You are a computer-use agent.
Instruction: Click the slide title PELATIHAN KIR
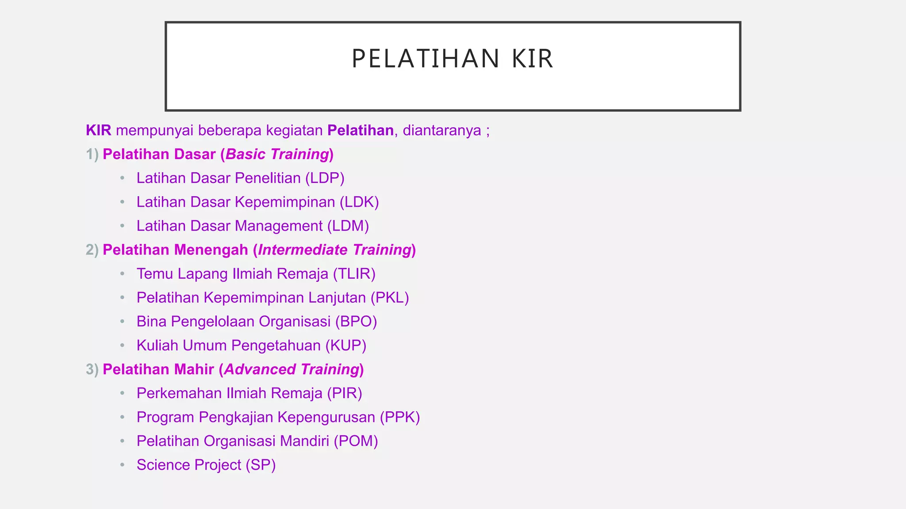[x=452, y=59]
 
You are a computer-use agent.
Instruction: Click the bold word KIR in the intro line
[x=98, y=131]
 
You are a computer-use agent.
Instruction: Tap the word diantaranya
[x=441, y=131]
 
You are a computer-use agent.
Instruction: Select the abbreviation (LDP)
[x=325, y=178]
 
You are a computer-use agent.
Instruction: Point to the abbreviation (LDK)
[x=359, y=202]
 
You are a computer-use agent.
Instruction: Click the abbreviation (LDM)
[x=348, y=226]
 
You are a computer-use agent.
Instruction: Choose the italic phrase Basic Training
[x=277, y=154]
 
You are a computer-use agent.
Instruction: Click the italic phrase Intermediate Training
[x=335, y=250]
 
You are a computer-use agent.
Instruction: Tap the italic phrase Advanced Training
[x=292, y=369]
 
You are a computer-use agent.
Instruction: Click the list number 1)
[x=92, y=154]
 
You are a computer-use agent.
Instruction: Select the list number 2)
[x=92, y=250]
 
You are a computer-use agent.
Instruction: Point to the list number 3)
[x=92, y=369]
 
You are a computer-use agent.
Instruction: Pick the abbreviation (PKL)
[x=389, y=298]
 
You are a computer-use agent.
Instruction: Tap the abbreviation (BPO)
[x=356, y=322]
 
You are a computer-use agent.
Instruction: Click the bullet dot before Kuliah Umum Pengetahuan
[x=123, y=346]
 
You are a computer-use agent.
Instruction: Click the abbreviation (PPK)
[x=400, y=417]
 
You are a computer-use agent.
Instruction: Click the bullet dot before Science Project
[x=123, y=465]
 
